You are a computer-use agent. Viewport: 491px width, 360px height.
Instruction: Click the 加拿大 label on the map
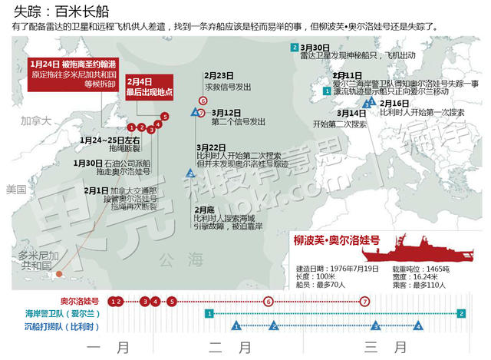36,121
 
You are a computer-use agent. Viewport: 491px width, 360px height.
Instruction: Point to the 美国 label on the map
15,189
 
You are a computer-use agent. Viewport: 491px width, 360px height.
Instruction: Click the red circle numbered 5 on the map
165,117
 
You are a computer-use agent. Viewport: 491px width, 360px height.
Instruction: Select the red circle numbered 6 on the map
203,101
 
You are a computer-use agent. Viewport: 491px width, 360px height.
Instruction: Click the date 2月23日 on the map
219,75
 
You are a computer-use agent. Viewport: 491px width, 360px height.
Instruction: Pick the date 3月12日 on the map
226,111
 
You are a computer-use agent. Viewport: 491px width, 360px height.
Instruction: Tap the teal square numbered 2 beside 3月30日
295,48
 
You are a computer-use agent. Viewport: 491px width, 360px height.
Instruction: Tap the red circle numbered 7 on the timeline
364,301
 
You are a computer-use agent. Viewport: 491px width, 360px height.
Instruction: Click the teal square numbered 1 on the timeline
208,313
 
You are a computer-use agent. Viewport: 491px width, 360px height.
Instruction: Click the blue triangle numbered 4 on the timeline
418,326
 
